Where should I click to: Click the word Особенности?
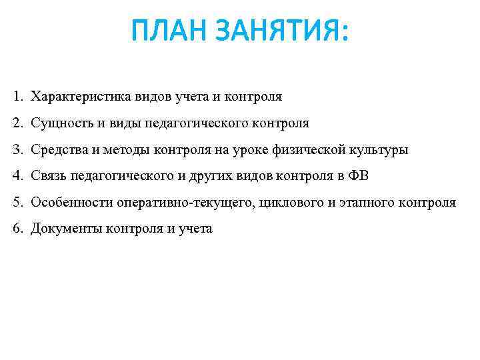coord(71,203)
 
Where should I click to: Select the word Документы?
coord(64,229)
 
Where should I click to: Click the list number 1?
coord(17,97)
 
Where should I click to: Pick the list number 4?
coord(17,177)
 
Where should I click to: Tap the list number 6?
coord(17,229)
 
